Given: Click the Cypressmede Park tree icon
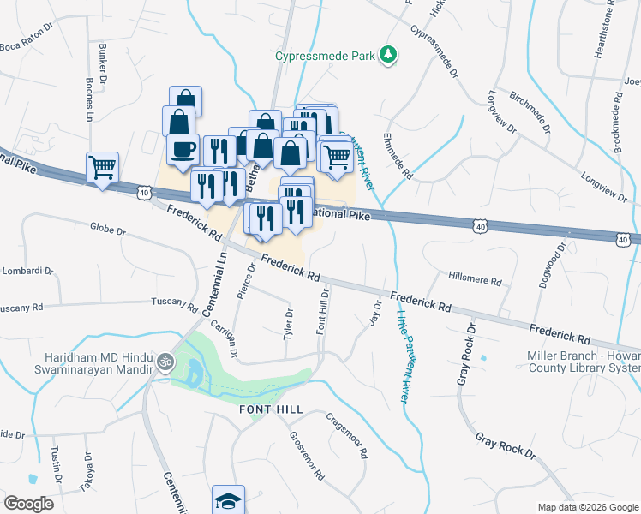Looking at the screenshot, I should (390, 55).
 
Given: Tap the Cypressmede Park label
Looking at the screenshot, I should (326, 56).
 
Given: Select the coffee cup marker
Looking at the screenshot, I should (183, 149).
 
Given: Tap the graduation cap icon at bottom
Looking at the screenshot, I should (229, 499).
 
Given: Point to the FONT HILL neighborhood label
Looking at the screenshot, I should (270, 411).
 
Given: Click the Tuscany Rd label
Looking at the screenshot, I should (174, 302).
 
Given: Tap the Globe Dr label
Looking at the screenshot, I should (107, 230).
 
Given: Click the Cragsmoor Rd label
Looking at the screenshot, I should (346, 436).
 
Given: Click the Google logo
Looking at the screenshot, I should (28, 503).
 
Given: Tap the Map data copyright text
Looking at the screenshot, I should (589, 507).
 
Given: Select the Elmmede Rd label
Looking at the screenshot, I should (398, 156).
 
